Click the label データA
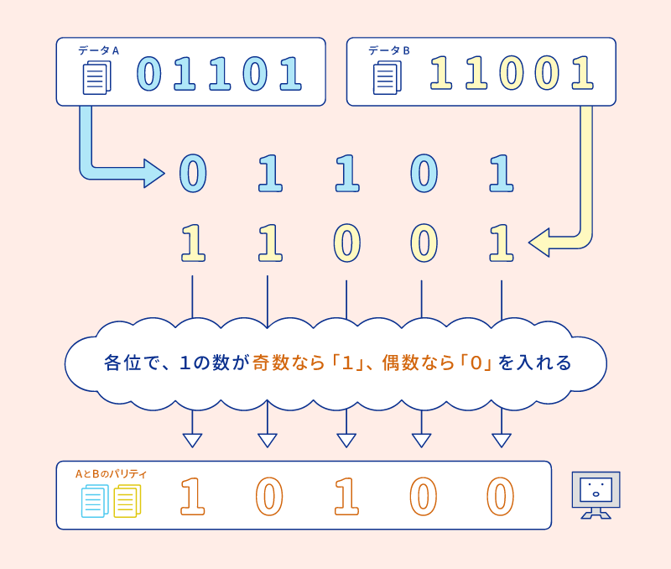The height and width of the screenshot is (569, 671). pos(98,50)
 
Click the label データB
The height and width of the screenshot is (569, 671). pos(388,50)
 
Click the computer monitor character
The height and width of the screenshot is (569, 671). pos(596,494)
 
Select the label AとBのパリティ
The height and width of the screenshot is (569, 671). pos(111,474)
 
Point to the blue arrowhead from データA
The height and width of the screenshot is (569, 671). pos(153,173)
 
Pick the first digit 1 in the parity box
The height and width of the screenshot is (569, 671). pos(192,496)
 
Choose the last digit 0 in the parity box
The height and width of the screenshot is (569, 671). pos(500,496)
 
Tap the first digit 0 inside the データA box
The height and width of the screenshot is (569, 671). pos(148,74)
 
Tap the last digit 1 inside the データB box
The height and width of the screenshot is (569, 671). pos(581,74)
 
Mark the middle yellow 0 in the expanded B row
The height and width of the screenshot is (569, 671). pos(346,243)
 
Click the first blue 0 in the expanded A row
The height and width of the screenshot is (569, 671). pos(192,174)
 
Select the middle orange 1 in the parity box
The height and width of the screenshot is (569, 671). pos(346,496)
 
